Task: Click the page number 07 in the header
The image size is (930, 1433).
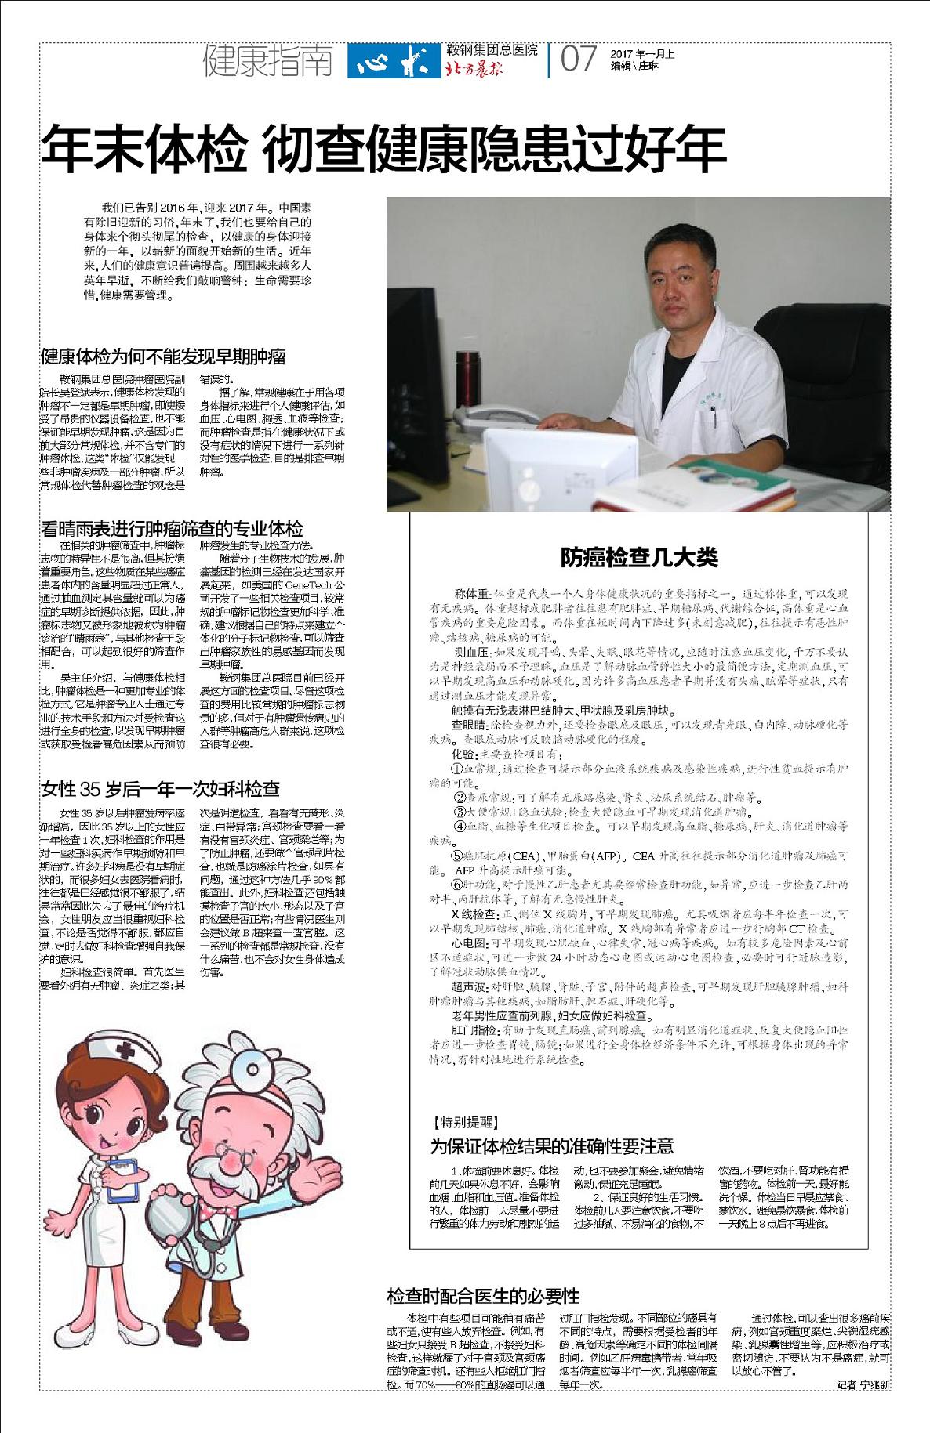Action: pyautogui.click(x=579, y=60)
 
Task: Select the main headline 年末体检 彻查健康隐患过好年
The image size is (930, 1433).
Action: pyautogui.click(x=383, y=150)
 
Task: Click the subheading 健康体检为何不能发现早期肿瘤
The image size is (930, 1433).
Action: pyautogui.click(x=163, y=357)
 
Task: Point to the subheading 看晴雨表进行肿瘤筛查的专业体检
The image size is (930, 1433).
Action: pyautogui.click(x=172, y=528)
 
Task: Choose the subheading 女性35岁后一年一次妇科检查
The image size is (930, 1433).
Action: pyautogui.click(x=160, y=788)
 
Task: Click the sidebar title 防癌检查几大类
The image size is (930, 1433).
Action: pyautogui.click(x=639, y=558)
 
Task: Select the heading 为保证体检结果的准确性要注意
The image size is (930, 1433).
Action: pyautogui.click(x=552, y=1145)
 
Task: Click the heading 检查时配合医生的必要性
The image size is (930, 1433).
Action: pyautogui.click(x=483, y=1295)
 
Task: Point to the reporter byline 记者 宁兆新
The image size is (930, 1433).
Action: pyautogui.click(x=863, y=1385)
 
